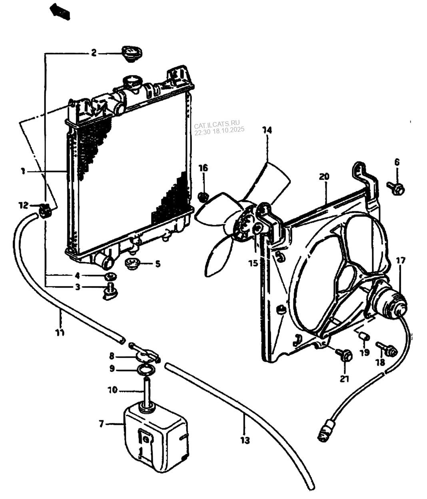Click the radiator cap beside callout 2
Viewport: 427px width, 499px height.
132,54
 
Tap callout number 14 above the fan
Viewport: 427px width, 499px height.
267,130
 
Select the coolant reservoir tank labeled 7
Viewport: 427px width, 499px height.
156,437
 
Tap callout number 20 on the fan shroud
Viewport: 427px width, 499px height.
324,177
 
